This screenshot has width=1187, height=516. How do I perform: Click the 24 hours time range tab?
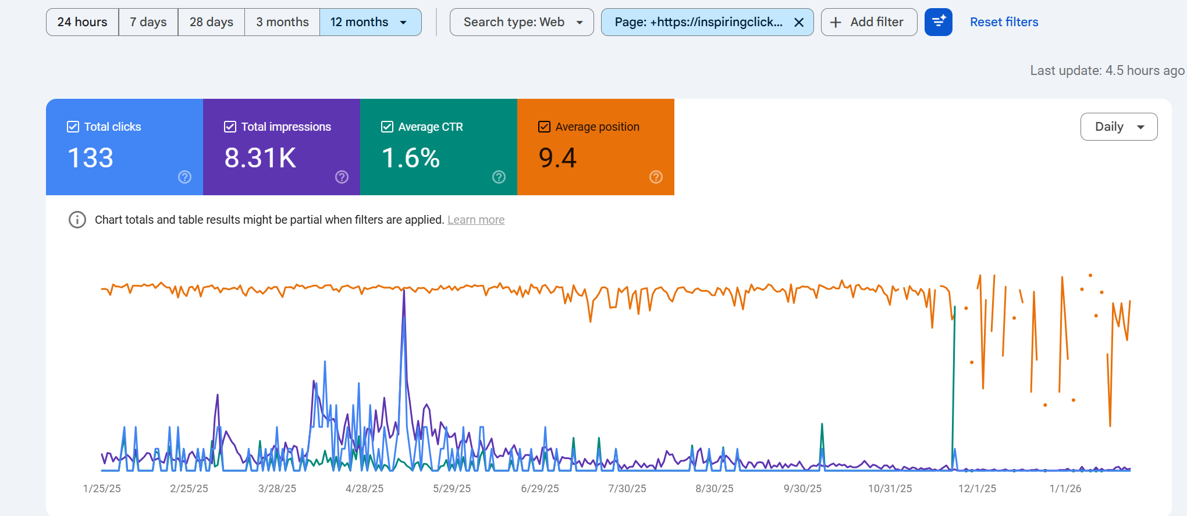82,22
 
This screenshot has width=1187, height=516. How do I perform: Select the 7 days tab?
148,22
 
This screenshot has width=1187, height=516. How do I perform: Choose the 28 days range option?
211,22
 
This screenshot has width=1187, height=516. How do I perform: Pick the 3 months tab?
282,22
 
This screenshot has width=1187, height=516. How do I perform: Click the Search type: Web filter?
521,22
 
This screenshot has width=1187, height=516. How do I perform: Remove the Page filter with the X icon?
799,22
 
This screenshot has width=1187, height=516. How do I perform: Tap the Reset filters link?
1004,22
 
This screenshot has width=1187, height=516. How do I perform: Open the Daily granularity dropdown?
1118,127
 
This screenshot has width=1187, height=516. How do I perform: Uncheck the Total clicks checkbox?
73,127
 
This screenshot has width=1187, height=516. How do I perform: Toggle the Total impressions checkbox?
230,127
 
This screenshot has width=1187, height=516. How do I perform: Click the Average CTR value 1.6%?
410,158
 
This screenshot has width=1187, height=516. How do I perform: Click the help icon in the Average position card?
656,177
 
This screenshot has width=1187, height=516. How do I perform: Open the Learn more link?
475,220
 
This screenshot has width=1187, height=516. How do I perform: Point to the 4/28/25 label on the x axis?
364,489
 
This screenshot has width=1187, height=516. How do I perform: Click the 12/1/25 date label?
977,489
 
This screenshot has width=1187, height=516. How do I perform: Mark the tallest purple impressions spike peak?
404,291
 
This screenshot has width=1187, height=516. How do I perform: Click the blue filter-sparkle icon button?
938,22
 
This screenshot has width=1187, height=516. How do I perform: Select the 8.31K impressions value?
260,158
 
